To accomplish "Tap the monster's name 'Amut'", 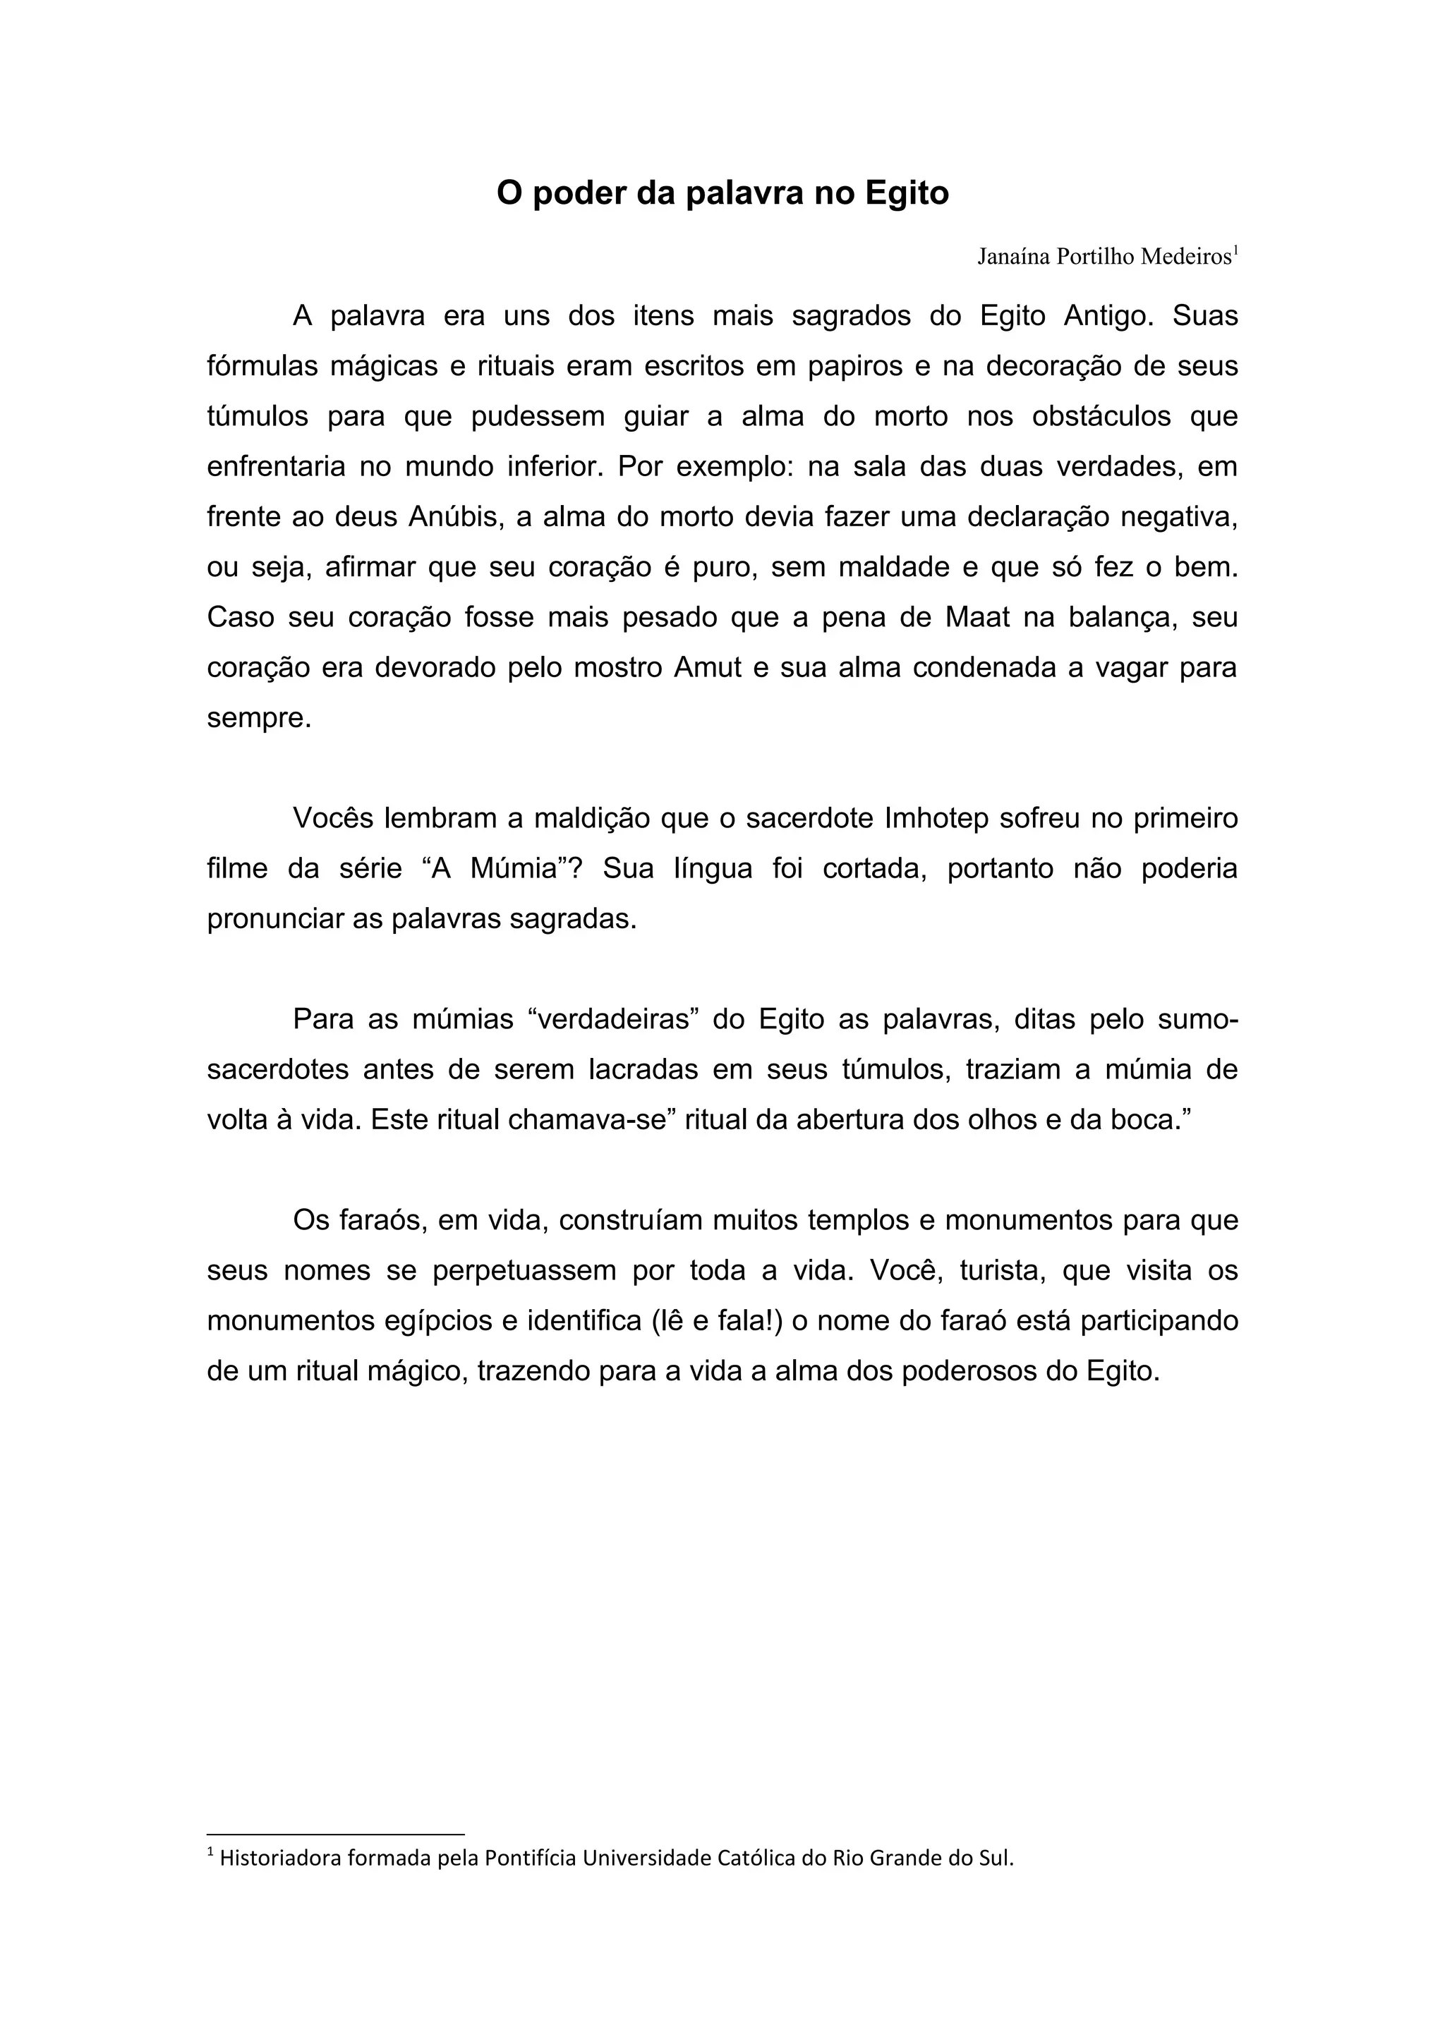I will pos(708,668).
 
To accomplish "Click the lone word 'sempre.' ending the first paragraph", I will pos(259,719).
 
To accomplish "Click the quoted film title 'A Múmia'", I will pos(501,869).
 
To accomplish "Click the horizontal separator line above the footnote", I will pos(336,1835).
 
